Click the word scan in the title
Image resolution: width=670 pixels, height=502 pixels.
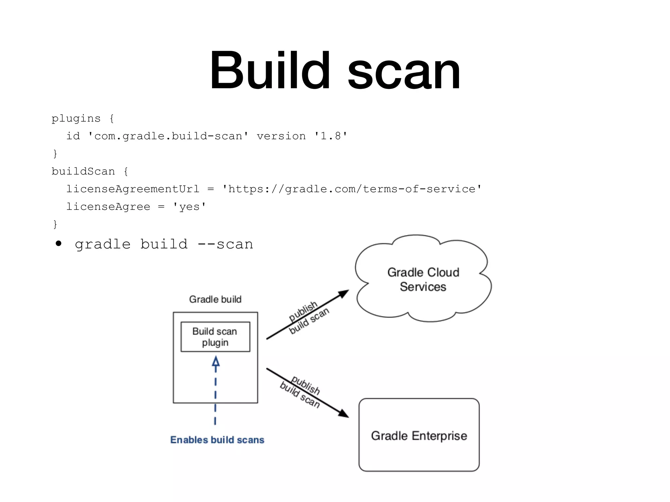click(x=404, y=72)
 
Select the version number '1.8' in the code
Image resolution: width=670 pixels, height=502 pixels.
click(x=331, y=136)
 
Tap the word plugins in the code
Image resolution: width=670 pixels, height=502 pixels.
click(x=76, y=118)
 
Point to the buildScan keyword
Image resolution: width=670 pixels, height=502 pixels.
click(x=83, y=171)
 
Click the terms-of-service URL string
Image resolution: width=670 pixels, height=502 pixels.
click(x=352, y=189)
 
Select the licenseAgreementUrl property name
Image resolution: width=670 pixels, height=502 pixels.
click(x=133, y=189)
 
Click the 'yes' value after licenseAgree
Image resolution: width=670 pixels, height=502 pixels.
click(x=189, y=207)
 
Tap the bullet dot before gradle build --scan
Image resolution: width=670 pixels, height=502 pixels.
click(x=59, y=243)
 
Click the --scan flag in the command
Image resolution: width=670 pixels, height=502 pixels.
click(x=225, y=244)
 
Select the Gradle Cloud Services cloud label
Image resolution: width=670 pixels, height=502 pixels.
click(x=423, y=279)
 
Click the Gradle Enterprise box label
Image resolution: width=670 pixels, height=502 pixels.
click(x=419, y=436)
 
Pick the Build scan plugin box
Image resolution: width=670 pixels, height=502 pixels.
click(x=215, y=337)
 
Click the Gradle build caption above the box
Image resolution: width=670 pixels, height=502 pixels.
click(x=215, y=299)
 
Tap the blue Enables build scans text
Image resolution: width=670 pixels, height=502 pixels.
click(x=217, y=440)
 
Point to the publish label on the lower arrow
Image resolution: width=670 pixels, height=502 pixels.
click(x=306, y=385)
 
